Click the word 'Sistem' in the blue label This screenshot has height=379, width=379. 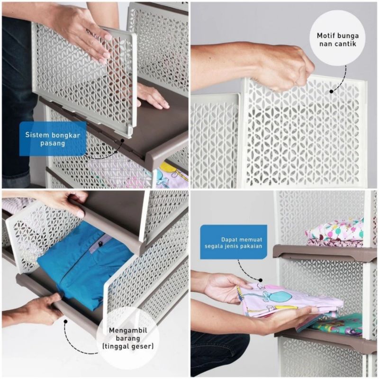(36, 135)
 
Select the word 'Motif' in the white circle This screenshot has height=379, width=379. (325, 36)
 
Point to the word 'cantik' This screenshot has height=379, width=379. (346, 44)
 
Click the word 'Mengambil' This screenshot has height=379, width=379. (128, 330)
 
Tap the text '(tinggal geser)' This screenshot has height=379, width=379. (128, 346)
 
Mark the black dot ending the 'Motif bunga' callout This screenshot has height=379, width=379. (331, 91)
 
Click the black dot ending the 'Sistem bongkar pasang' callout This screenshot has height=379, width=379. (123, 140)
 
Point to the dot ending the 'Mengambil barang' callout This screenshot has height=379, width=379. (65, 321)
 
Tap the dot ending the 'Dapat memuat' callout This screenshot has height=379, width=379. (261, 280)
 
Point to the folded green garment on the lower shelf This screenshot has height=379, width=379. (338, 324)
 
